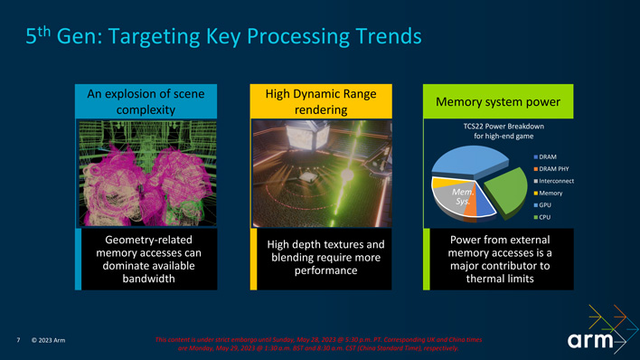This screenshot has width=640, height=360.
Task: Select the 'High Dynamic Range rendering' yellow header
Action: click(x=321, y=101)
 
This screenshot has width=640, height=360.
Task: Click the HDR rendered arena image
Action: click(x=321, y=172)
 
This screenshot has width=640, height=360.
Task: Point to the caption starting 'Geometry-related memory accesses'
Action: click(x=147, y=259)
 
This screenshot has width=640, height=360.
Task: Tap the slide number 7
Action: click(x=19, y=341)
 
